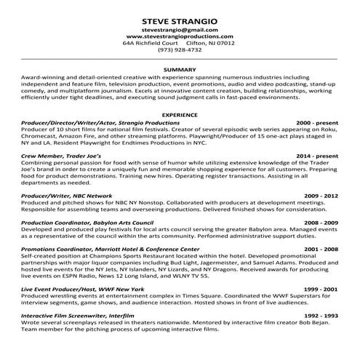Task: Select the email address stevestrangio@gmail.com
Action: tap(180, 28)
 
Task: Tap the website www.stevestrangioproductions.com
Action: tap(180, 36)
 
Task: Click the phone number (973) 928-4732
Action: tap(180, 50)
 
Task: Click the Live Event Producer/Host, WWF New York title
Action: tap(83, 289)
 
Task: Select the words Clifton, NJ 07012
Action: tap(211, 43)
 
